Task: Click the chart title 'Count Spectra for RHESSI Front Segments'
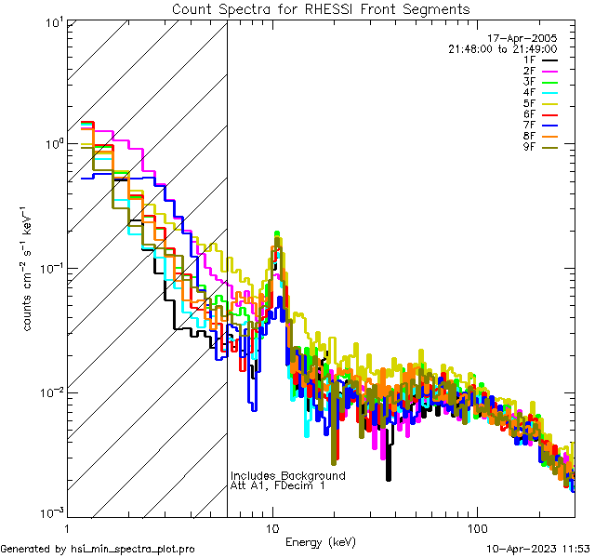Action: point(321,9)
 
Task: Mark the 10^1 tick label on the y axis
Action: point(52,23)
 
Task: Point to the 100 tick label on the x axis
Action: point(476,527)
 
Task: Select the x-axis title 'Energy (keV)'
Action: point(319,541)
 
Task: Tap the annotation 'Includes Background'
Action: point(287,475)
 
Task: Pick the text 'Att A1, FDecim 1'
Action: point(278,485)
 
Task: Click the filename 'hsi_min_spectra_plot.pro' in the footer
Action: point(133,549)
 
